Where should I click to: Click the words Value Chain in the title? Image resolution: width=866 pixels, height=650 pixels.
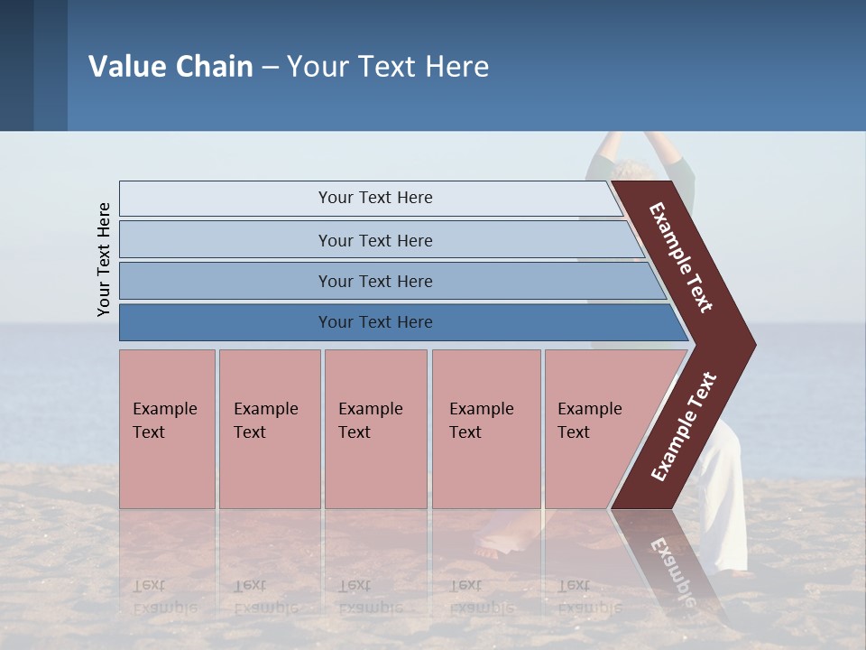[170, 67]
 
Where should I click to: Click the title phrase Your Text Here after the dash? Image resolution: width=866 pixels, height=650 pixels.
[388, 67]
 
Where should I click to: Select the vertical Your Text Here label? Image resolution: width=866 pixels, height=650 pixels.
[105, 259]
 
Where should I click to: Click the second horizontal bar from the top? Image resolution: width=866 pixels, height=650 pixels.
[375, 240]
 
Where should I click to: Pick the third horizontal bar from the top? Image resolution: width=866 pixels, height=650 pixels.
[375, 281]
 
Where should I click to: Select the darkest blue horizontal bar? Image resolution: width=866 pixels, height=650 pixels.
[375, 322]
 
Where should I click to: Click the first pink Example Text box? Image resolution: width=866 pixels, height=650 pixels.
[167, 429]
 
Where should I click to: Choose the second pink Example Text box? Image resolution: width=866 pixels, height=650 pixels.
[269, 429]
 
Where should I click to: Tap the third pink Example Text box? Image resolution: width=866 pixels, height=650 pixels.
[374, 429]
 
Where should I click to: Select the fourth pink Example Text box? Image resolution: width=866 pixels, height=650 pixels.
[485, 429]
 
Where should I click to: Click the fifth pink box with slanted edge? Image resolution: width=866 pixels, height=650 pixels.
[595, 429]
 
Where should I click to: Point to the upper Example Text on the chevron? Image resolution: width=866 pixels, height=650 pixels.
[681, 257]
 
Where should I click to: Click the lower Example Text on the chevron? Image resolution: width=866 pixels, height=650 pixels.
[684, 426]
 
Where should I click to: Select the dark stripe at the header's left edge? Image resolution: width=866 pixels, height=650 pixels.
[17, 65]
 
